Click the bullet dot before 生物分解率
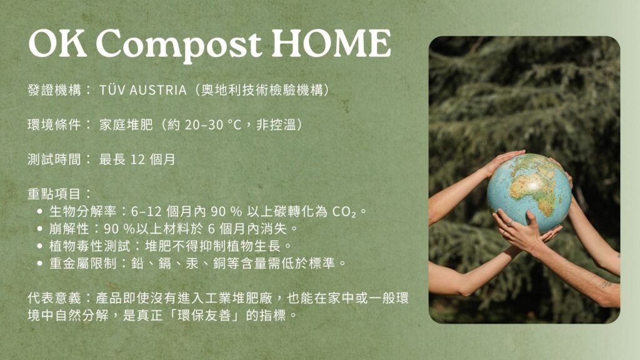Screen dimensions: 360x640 (x=40, y=211)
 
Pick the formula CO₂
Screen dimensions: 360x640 (x=344, y=211)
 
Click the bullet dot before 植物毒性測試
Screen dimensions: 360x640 (x=40, y=246)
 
